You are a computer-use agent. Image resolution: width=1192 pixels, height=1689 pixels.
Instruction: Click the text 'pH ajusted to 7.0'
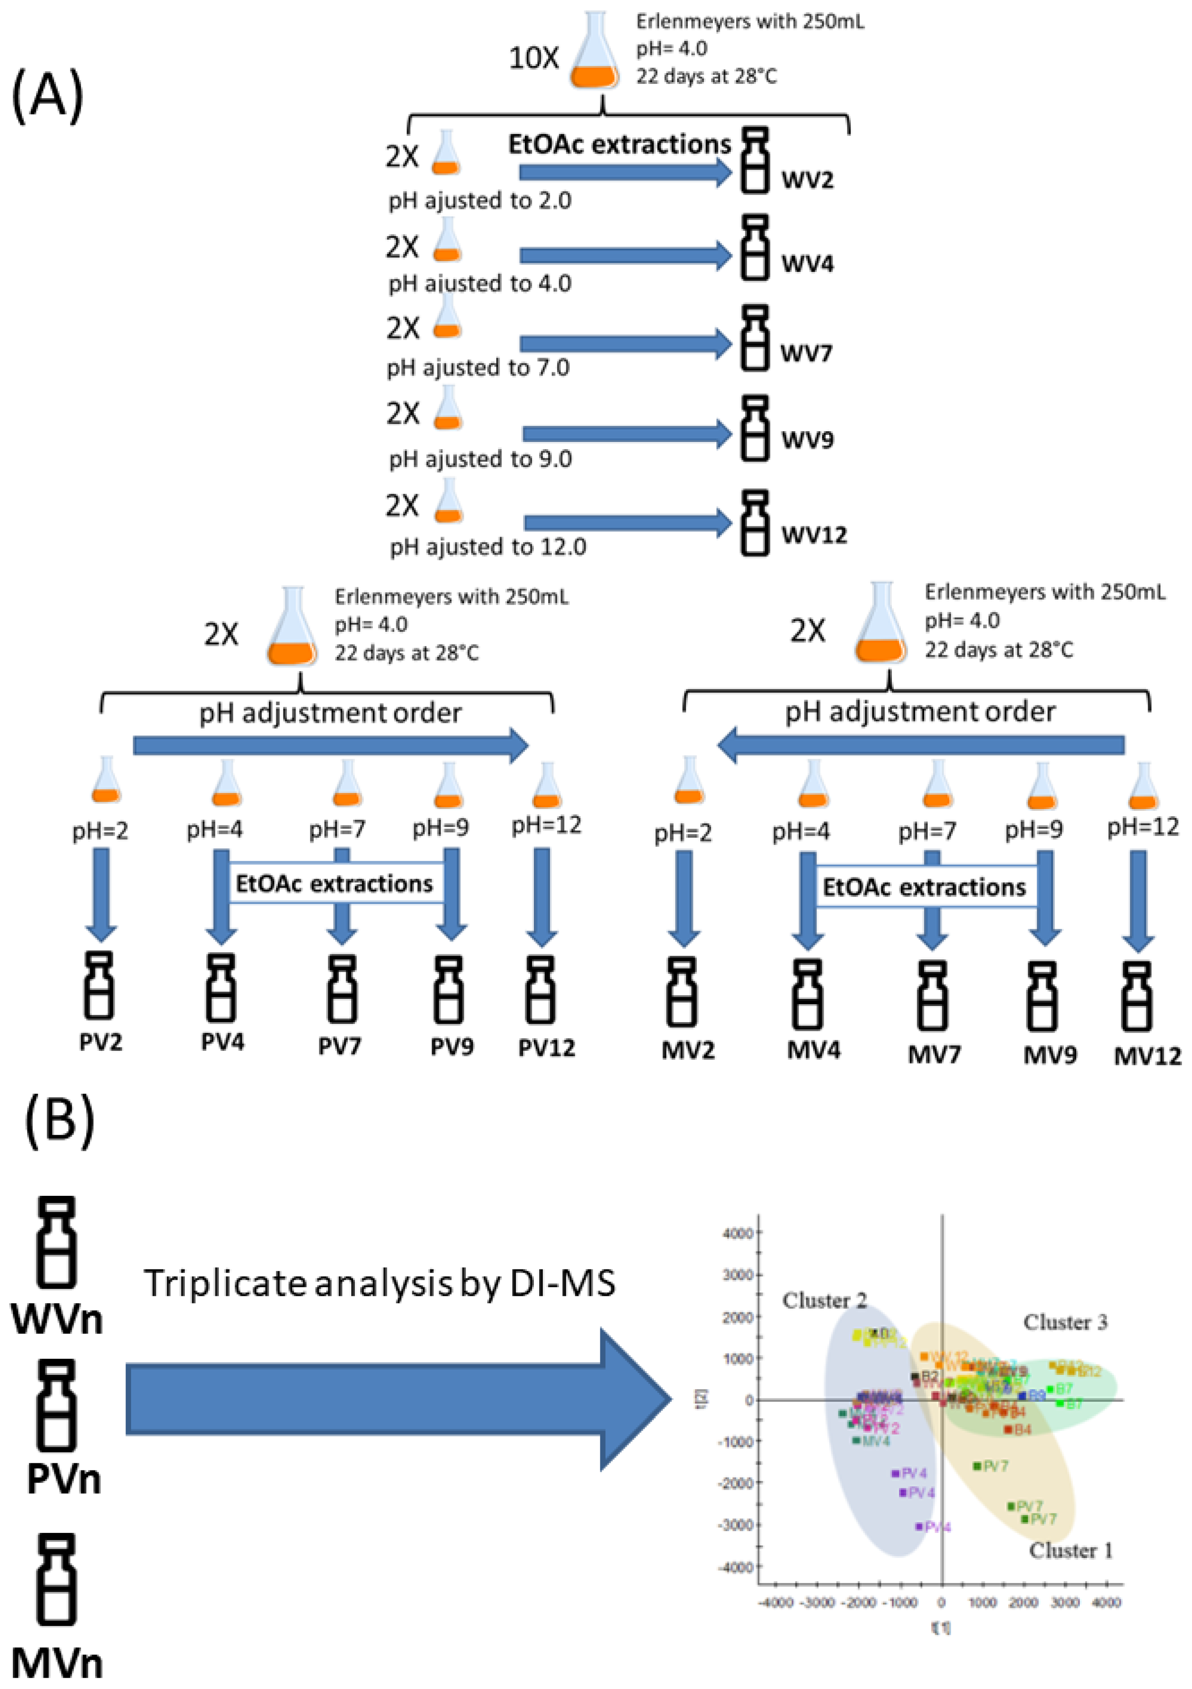[x=478, y=368]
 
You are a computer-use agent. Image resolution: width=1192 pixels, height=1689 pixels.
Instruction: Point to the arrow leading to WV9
[x=627, y=434]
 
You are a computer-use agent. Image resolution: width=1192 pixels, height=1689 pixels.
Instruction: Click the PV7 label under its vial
[x=339, y=1046]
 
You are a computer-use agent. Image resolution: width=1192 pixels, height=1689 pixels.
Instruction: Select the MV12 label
[x=1146, y=1056]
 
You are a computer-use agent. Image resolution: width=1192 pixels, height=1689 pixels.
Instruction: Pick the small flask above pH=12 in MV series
[x=1142, y=787]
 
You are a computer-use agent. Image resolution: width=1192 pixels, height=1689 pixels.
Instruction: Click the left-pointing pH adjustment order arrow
[x=919, y=745]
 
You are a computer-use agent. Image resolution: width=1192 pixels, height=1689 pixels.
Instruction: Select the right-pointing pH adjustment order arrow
[x=331, y=745]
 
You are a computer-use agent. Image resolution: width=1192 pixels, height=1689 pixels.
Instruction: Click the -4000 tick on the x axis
[x=775, y=1603]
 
